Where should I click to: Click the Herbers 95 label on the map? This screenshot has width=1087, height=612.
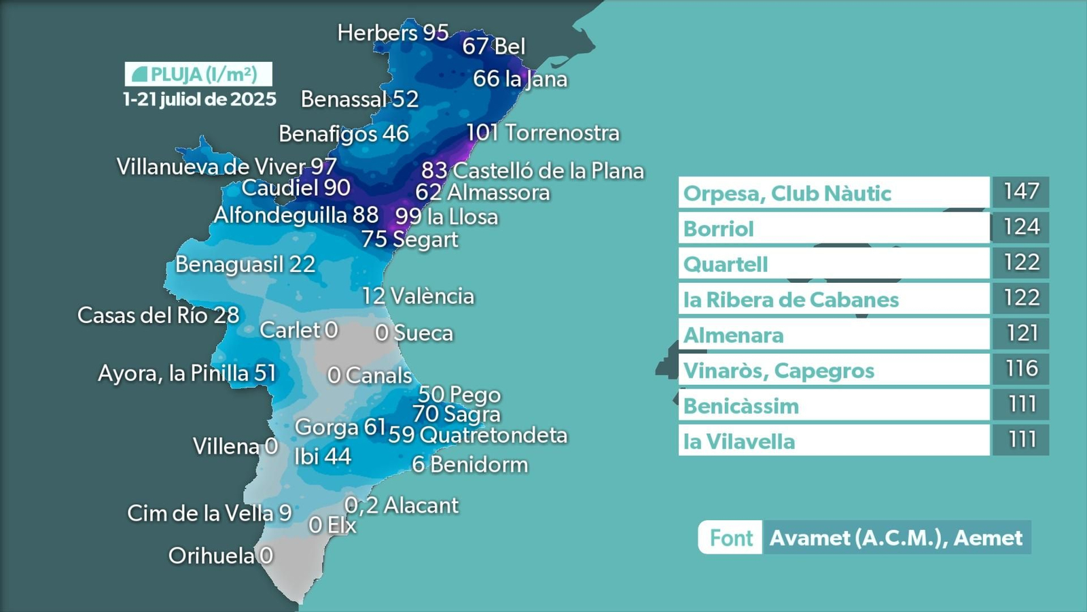393,33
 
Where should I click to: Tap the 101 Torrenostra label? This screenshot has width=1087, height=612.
542,133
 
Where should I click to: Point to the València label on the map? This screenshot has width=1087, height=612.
418,296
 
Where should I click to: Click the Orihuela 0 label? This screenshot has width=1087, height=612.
221,556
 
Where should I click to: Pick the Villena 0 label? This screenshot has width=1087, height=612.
235,446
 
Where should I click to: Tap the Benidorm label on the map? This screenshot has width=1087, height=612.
469,464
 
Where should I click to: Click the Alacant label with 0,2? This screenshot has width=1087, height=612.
402,505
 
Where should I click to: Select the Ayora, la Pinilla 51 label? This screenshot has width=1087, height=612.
187,373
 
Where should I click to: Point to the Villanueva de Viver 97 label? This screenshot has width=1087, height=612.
227,167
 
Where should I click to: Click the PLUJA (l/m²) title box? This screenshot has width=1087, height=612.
198,74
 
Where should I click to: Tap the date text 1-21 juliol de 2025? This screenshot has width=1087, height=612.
200,99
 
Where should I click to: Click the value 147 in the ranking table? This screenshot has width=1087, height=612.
1021,192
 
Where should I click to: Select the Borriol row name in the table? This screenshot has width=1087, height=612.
719,229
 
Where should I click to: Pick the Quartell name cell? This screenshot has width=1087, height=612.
726,265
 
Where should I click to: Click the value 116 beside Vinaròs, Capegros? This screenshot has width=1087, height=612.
1021,369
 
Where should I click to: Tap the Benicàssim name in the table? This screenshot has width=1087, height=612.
741,406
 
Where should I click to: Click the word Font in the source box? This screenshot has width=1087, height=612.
731,538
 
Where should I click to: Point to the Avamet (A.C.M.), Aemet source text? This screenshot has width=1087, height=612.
895,538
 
